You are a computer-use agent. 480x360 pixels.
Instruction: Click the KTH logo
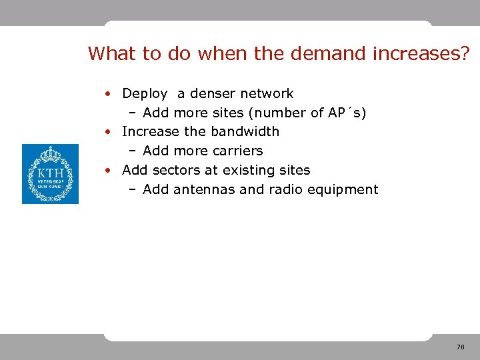click(x=50, y=174)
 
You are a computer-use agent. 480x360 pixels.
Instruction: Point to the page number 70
click(x=460, y=347)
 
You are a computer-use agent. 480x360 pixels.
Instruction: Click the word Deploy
click(x=144, y=94)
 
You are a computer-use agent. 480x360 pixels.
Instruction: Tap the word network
click(x=267, y=94)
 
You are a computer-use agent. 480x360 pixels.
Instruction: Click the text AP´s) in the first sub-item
click(x=347, y=113)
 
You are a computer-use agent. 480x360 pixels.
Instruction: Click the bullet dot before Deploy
click(x=107, y=95)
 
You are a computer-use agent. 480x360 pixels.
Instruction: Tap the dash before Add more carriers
click(x=133, y=151)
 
